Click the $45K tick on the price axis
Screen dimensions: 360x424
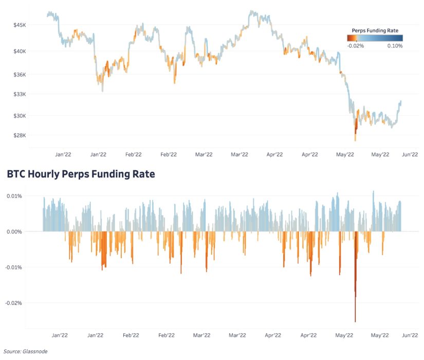coord(19,25)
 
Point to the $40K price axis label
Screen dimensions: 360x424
coord(19,51)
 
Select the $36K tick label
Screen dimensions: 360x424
coord(19,75)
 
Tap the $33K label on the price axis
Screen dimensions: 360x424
coord(19,94)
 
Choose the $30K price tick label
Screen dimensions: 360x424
coord(19,116)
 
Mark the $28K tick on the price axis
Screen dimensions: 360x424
coord(19,135)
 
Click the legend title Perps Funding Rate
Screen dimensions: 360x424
coord(375,30)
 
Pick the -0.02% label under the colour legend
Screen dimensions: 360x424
coord(355,46)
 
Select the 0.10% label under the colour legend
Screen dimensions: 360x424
coord(395,46)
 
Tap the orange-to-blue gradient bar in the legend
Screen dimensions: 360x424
coord(375,38)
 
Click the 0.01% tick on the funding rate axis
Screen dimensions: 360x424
coord(14,196)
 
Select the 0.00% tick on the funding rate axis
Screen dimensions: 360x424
coord(14,231)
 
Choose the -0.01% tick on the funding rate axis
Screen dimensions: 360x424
coord(13,267)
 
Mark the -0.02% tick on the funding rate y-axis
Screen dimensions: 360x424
coord(13,303)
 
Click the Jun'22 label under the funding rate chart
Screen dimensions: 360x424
coord(409,335)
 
